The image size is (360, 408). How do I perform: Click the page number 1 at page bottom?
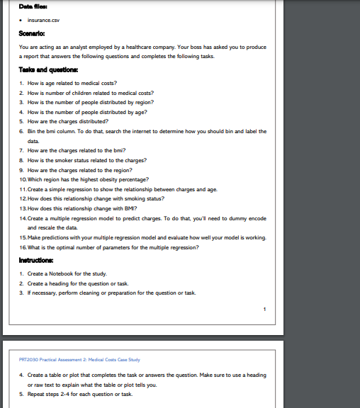coord(264,308)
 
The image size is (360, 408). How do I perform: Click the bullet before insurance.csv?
coord(22,21)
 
